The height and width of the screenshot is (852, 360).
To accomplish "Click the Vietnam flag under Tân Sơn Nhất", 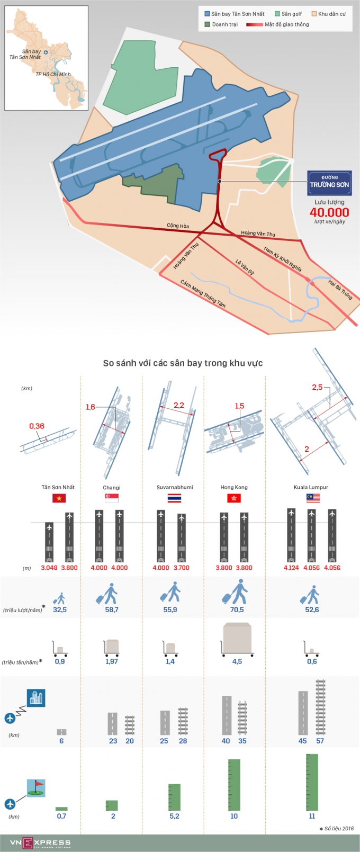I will (58, 498).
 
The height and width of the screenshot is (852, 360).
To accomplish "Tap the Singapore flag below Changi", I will (112, 498).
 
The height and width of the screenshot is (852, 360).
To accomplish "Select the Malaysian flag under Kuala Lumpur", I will (313, 498).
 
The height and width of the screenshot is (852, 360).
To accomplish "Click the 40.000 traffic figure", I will (329, 213).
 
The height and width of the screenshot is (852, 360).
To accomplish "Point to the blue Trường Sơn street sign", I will (329, 183).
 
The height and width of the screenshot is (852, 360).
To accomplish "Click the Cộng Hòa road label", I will (178, 226).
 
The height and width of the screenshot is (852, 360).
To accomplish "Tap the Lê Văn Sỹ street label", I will (245, 267).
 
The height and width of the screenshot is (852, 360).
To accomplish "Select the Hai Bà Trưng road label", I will (340, 289).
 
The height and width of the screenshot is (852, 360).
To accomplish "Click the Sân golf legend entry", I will (289, 14).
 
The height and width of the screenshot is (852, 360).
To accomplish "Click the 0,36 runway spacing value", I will (37, 426).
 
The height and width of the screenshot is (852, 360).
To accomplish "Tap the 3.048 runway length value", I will (49, 568).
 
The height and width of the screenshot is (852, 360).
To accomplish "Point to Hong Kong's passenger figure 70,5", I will (237, 609).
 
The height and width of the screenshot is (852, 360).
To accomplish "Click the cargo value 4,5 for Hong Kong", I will (237, 661).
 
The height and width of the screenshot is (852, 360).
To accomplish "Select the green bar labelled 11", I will (312, 782).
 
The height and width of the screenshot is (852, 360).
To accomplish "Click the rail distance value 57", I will (320, 741).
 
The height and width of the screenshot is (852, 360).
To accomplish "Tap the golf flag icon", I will (36, 788).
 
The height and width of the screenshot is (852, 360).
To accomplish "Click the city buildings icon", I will (36, 698).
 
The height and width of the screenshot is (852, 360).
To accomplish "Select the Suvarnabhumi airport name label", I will (175, 487).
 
